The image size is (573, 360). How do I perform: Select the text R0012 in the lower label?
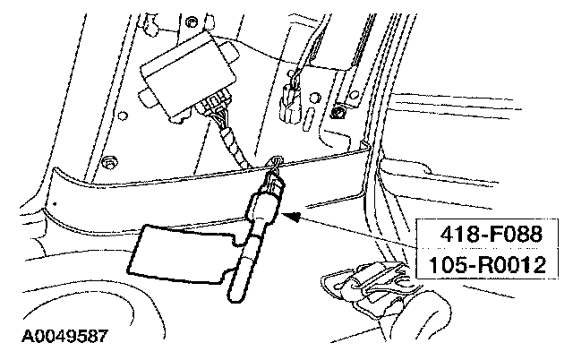507,266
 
